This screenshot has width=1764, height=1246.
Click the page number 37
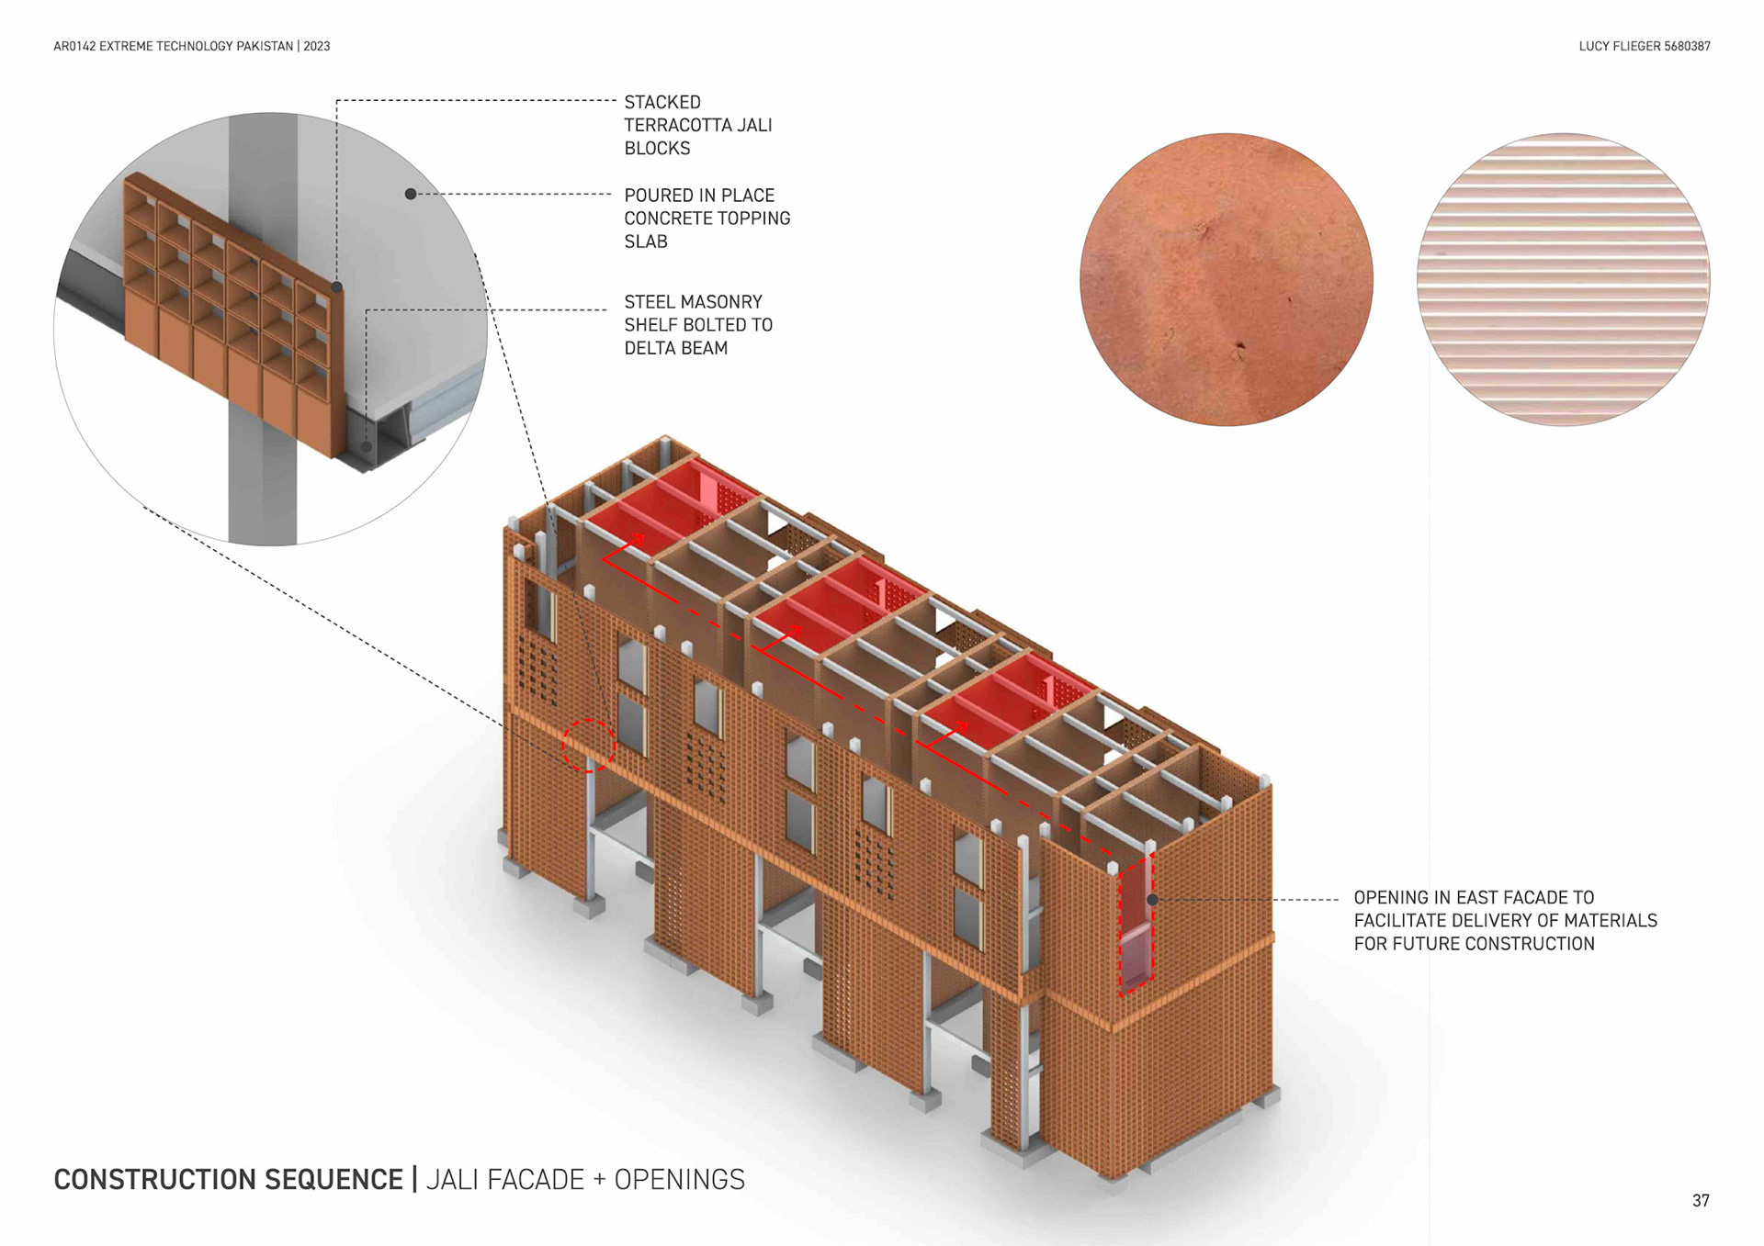(1700, 1200)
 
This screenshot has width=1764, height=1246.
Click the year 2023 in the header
(317, 46)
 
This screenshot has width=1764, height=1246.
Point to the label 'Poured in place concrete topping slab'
(707, 219)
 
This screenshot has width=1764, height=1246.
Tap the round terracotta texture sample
(1226, 279)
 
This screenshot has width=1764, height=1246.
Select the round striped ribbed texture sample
(1563, 279)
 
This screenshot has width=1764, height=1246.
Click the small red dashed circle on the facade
(588, 746)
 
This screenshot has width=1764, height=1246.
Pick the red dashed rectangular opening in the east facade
(1136, 926)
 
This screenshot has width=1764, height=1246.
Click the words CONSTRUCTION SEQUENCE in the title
(229, 1179)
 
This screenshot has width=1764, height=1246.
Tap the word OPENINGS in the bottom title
(679, 1179)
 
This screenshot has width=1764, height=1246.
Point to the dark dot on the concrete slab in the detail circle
(411, 194)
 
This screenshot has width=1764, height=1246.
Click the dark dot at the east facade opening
(1152, 900)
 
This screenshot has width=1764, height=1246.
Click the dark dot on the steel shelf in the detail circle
(367, 448)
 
